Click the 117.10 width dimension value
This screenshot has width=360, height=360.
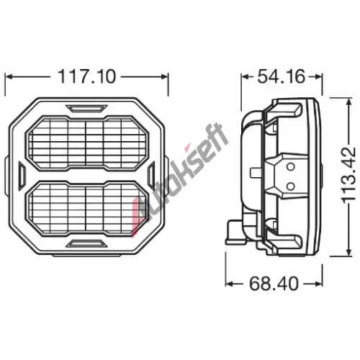pos(86,76)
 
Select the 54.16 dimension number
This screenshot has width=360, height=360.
pos(282,76)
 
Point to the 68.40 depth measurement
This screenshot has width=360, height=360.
pos(274,284)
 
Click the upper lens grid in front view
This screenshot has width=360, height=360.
pos(87,143)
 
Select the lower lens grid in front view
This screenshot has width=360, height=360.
pos(87,208)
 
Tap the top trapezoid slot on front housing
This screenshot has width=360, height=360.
pos(86,108)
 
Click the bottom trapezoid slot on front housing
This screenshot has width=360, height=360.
pos(86,243)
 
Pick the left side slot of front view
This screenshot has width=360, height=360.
pos(22,174)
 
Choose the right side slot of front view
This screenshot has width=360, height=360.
pos(151,174)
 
